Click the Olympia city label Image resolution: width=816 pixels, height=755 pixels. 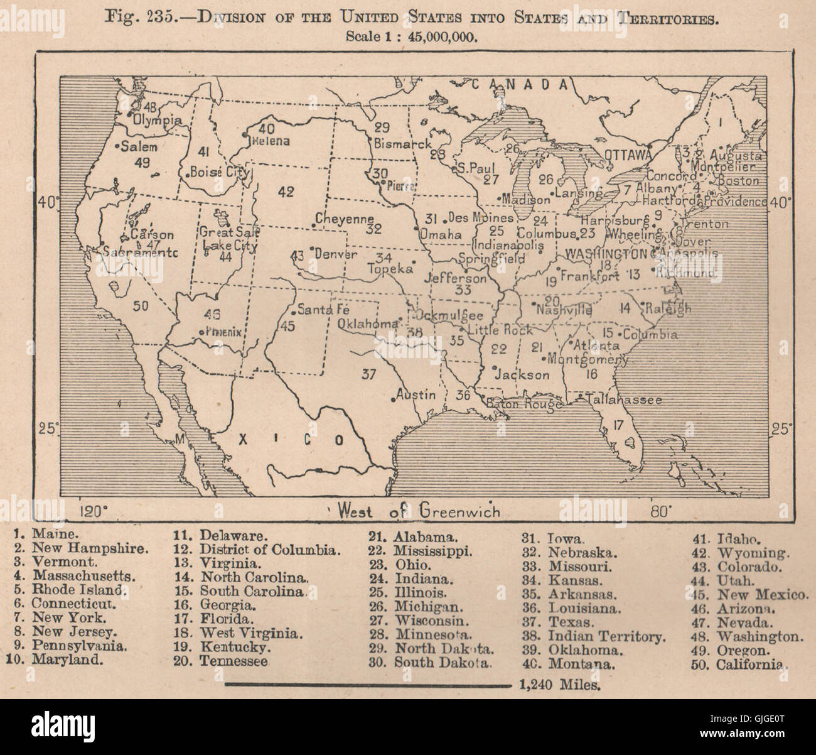tap(158, 120)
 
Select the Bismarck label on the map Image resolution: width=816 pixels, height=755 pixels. tap(402, 143)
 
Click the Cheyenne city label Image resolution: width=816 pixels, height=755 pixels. tap(344, 219)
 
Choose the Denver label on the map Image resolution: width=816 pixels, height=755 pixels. tap(336, 254)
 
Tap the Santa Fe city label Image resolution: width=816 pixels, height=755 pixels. tap(323, 309)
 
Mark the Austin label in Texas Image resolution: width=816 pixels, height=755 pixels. tap(417, 395)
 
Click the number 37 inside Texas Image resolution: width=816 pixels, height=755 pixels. tap(368, 374)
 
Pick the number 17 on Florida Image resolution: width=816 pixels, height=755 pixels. tap(618, 425)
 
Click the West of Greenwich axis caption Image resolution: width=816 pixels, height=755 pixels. tap(419, 511)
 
